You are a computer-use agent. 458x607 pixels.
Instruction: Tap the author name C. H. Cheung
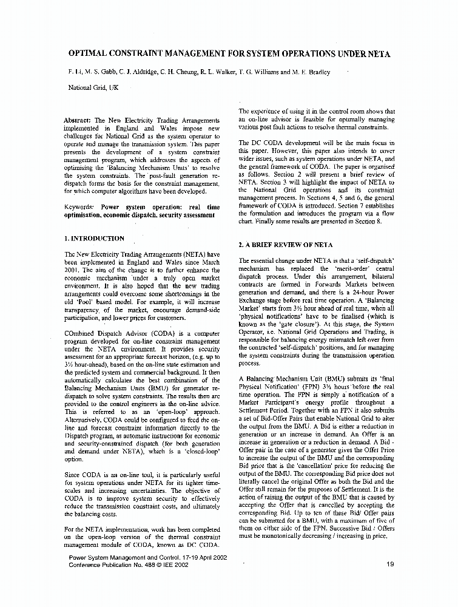coord(177,72)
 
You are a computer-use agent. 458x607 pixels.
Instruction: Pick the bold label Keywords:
coord(81,207)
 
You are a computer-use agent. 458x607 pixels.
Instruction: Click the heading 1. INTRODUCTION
coord(94,239)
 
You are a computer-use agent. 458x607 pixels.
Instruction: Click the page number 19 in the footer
coord(389,564)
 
